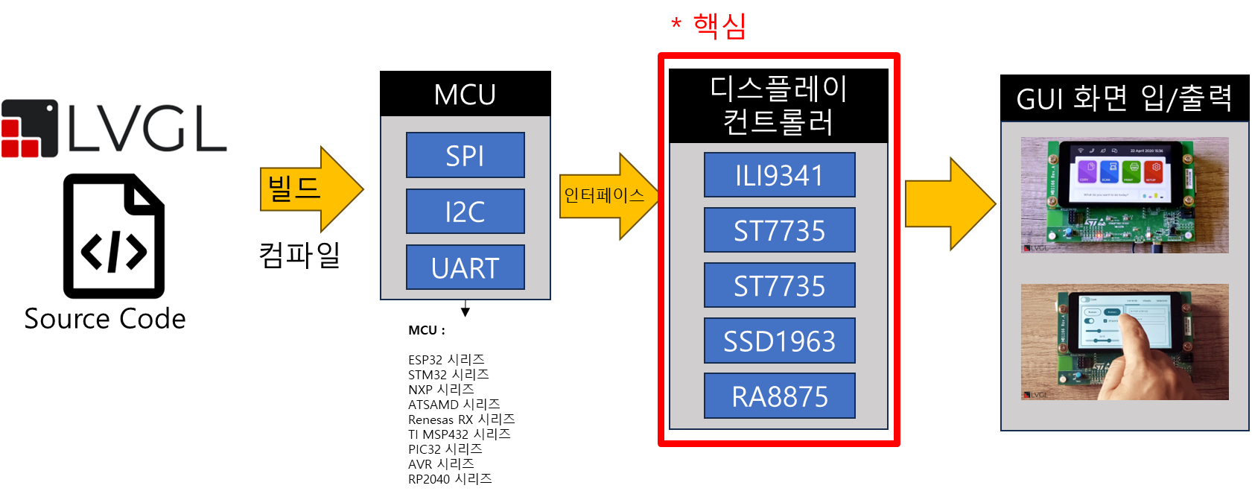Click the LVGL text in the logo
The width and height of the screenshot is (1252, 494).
coord(147,129)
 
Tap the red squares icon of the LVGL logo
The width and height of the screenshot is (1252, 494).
coord(30,130)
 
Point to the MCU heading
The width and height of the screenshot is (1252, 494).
coord(465,95)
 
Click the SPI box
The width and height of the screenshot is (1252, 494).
coord(465,155)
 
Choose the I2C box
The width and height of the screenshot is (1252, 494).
coord(465,212)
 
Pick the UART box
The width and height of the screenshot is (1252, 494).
coord(465,267)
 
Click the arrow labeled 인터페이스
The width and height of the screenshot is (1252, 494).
coord(607,196)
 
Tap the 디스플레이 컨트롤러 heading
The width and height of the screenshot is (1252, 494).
coord(778,105)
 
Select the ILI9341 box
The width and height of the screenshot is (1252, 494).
coord(779,175)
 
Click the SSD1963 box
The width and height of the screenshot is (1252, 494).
coord(779,341)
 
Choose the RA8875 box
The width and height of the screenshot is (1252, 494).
coord(779,396)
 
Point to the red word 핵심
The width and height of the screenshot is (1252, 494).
coord(719,26)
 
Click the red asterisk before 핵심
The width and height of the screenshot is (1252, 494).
coord(676,25)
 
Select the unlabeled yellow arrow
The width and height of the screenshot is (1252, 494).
coord(950,203)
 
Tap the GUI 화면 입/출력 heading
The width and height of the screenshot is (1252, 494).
coord(1123,98)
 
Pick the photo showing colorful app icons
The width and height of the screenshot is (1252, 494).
coord(1124,194)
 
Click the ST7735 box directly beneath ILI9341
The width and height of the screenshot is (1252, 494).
coord(779,230)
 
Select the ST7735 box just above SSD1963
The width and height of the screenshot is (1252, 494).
coord(779,285)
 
